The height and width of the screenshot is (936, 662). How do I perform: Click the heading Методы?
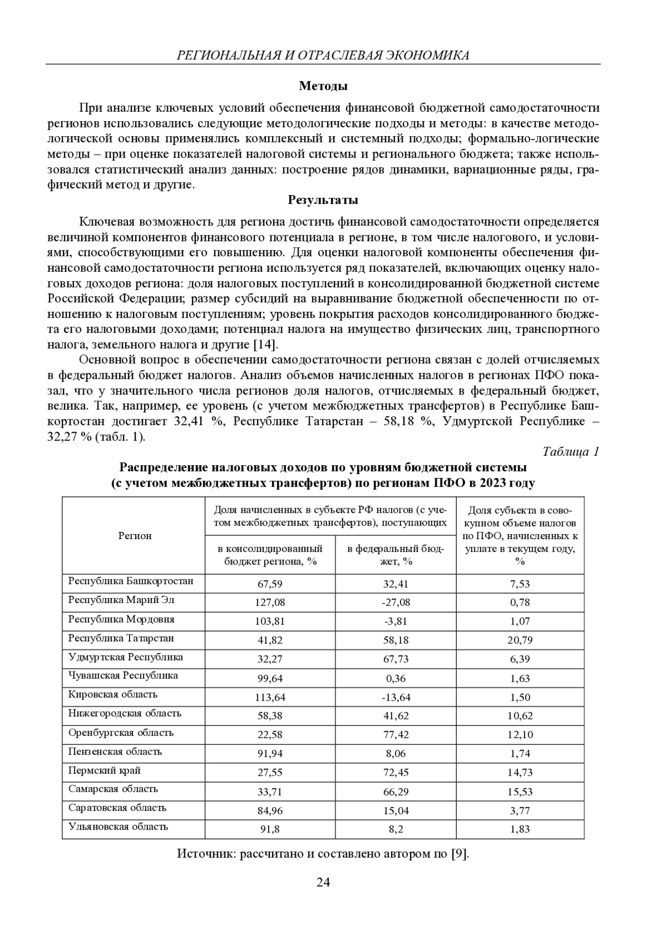click(x=323, y=86)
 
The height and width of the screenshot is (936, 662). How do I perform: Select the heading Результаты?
click(x=323, y=200)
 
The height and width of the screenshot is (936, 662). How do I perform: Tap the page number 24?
click(x=323, y=883)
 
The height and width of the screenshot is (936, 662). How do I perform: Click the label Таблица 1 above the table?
click(x=571, y=452)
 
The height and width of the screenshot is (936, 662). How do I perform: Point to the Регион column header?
click(x=135, y=536)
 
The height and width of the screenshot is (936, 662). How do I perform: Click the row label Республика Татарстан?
click(x=121, y=638)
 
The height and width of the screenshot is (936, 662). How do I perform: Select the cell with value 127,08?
click(x=270, y=603)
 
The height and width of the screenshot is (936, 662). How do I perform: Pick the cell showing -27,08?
click(x=396, y=603)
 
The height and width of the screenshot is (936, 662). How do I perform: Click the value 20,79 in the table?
click(x=520, y=641)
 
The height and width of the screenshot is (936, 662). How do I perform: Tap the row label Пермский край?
click(x=104, y=771)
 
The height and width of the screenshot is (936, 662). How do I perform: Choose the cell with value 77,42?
click(x=396, y=735)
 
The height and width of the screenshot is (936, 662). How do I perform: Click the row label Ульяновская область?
click(x=118, y=827)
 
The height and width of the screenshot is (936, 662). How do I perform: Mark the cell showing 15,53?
click(x=520, y=792)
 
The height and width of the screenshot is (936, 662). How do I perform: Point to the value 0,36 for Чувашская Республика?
click(x=396, y=679)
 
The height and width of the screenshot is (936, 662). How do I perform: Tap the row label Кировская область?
click(x=113, y=695)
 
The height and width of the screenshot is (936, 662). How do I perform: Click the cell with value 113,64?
click(x=270, y=697)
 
